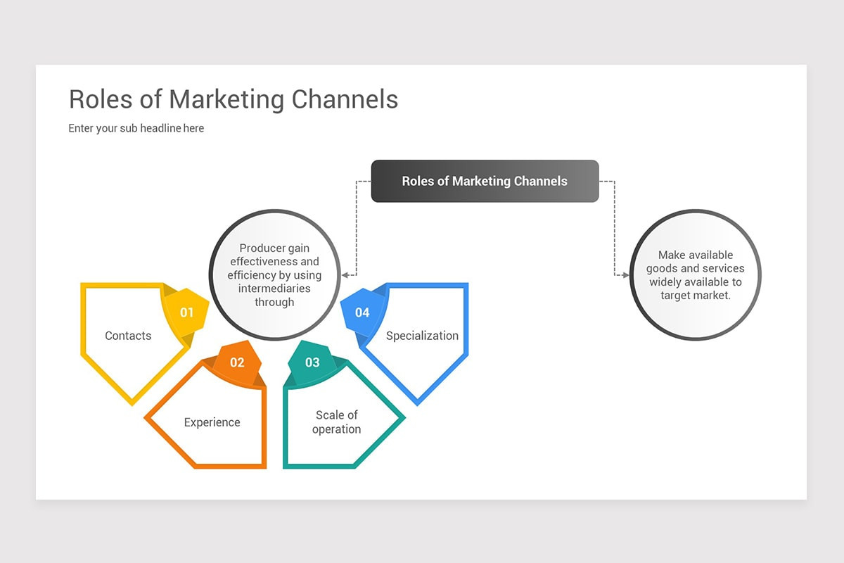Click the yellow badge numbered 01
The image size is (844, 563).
(186, 312)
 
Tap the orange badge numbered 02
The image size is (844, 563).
(237, 362)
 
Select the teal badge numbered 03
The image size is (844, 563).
(312, 362)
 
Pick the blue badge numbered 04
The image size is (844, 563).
(362, 312)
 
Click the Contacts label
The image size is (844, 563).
(128, 336)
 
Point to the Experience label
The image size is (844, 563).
(212, 422)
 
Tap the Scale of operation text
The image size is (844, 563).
(336, 422)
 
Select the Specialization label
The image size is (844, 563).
(422, 336)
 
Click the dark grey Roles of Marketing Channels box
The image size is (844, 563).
(485, 181)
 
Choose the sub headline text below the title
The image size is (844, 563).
(136, 128)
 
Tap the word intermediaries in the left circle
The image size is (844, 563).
(274, 289)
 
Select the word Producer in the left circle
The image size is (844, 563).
(262, 248)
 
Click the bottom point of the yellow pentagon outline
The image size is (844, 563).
(132, 403)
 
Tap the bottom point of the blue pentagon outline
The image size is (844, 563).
(418, 403)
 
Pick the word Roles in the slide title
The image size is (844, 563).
(98, 99)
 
